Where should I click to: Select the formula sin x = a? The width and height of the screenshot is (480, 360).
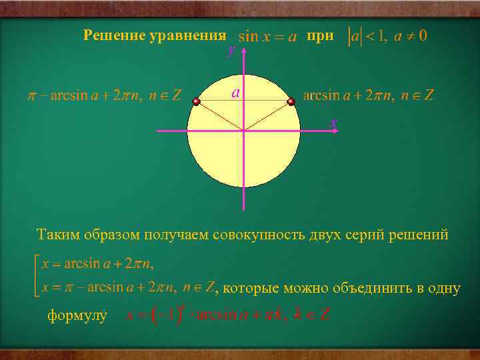tap(267, 37)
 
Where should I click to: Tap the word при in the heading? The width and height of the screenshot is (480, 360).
tap(320, 35)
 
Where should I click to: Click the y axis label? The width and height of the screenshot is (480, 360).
tap(231, 50)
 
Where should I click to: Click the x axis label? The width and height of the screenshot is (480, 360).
tap(334, 123)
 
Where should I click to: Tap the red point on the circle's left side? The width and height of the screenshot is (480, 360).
tap(196, 102)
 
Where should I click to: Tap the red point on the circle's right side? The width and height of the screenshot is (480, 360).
tap(291, 102)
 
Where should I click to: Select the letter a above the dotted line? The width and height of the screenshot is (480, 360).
tap(236, 92)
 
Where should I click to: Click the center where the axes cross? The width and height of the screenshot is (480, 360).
tap(244, 131)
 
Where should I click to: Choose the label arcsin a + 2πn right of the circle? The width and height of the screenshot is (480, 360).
tap(368, 95)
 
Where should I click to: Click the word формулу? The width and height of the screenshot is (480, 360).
tap(77, 315)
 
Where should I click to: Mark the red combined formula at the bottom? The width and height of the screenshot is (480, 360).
tap(227, 314)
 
